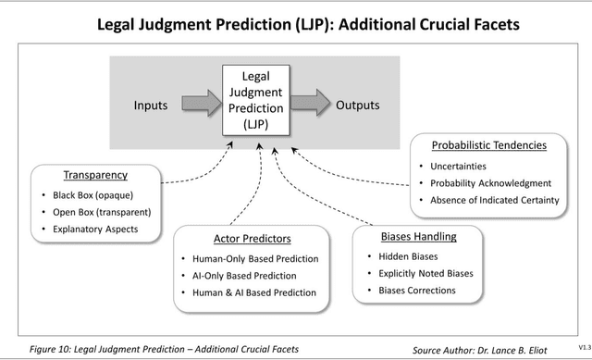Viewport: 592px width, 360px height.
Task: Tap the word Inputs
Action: [x=151, y=105]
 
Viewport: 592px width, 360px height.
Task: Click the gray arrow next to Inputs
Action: [x=198, y=105]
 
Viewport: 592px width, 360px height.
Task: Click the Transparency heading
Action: [x=95, y=175]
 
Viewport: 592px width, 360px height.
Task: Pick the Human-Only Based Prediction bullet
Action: [x=254, y=259]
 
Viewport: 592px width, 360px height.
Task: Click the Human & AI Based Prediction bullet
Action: [x=254, y=292]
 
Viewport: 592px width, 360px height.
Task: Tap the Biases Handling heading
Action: [x=418, y=236]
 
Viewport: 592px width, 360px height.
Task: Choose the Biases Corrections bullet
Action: [x=416, y=290]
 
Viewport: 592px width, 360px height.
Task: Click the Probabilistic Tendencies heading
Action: [x=489, y=145]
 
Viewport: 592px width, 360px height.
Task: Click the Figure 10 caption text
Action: [x=170, y=349]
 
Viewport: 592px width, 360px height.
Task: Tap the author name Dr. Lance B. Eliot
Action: [x=534, y=350]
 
